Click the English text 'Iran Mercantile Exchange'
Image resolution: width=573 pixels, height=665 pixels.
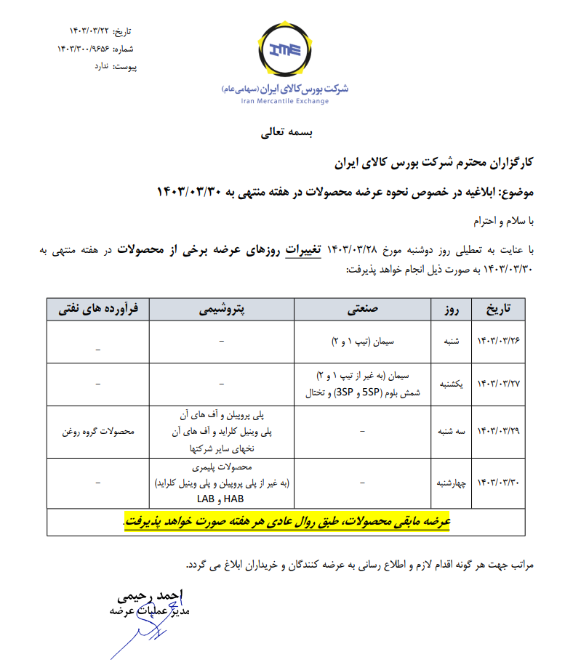click(286, 101)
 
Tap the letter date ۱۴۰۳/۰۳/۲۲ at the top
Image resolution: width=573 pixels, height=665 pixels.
click(92, 31)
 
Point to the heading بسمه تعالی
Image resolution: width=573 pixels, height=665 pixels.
click(286, 134)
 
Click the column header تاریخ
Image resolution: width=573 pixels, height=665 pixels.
click(498, 309)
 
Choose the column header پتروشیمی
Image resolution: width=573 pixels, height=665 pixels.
click(222, 309)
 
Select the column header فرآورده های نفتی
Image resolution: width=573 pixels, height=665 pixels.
click(97, 309)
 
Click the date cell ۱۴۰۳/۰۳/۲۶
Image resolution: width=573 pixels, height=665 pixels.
click(499, 341)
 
